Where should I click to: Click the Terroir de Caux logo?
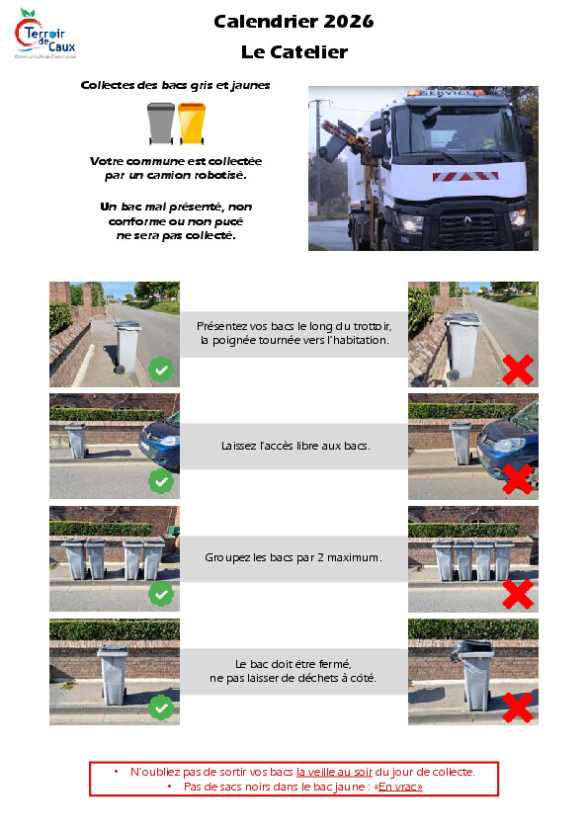(x=45, y=34)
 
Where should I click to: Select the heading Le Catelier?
(x=294, y=52)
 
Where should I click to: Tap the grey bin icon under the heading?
(x=161, y=124)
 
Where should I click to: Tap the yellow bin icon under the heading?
(x=192, y=124)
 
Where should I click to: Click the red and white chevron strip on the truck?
(x=465, y=176)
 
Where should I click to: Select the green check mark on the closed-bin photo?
(x=161, y=707)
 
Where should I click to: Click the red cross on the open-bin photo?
(x=518, y=707)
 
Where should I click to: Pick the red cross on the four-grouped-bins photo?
(x=518, y=594)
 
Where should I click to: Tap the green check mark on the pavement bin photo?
(x=161, y=370)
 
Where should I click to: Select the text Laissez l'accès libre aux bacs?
(x=295, y=446)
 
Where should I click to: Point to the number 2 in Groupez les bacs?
(x=320, y=557)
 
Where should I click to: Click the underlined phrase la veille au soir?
(x=334, y=772)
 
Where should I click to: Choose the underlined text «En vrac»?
(x=398, y=787)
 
